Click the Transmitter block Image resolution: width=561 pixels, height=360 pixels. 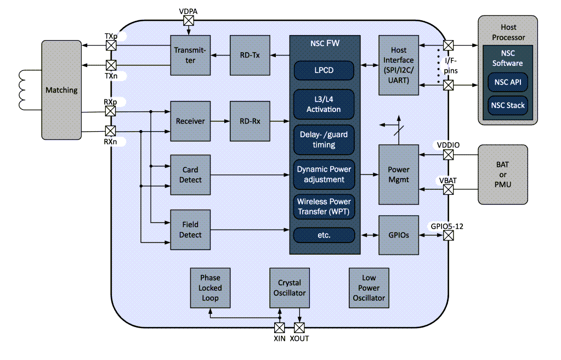point(190,55)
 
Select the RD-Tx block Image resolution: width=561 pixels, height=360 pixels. point(250,55)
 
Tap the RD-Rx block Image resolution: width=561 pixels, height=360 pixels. point(250,121)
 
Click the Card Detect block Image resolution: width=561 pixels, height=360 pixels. point(190,175)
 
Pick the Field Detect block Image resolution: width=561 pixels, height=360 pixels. point(190,229)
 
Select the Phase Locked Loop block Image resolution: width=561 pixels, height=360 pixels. point(209,288)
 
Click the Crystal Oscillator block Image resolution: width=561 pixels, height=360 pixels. point(289,288)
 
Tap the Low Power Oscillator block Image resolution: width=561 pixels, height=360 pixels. point(369,288)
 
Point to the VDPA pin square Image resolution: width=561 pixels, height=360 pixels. point(189,20)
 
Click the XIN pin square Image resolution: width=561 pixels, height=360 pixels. point(279,328)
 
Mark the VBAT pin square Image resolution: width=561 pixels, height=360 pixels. point(449,190)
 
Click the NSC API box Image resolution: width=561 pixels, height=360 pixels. point(507,82)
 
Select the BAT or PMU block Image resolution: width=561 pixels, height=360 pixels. point(502,175)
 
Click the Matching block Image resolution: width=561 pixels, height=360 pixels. point(61,90)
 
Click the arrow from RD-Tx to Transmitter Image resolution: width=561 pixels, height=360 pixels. point(220,55)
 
